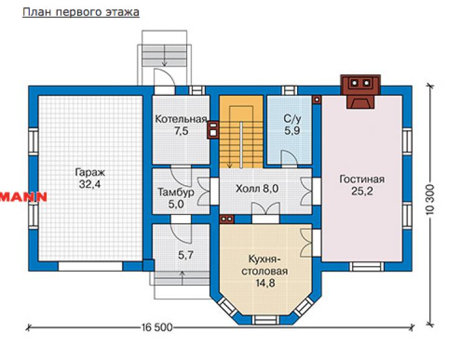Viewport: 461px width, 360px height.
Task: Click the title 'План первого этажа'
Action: [81, 12]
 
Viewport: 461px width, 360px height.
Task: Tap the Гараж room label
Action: [90, 172]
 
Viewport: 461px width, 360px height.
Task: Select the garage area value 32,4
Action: [90, 184]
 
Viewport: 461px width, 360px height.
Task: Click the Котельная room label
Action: [181, 119]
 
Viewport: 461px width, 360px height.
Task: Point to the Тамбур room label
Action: [176, 192]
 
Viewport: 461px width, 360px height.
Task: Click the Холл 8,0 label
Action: [257, 188]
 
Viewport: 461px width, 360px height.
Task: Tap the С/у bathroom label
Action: [292, 119]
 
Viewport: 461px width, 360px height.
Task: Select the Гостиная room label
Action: [362, 179]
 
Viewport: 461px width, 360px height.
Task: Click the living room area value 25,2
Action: [362, 191]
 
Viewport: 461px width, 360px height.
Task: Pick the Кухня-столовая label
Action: [265, 265]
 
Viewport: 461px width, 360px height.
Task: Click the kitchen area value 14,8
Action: [265, 283]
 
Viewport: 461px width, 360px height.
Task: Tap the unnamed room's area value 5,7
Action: [186, 255]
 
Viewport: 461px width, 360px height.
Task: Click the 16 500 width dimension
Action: [157, 327]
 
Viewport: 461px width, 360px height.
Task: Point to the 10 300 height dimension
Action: [430, 199]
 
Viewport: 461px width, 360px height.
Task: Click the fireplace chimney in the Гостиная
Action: [361, 92]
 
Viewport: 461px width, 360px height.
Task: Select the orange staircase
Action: [241, 131]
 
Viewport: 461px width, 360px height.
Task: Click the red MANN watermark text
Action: [24, 197]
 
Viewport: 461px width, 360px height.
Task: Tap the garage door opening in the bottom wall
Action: [90, 266]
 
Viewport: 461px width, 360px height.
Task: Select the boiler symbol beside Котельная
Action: [213, 130]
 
